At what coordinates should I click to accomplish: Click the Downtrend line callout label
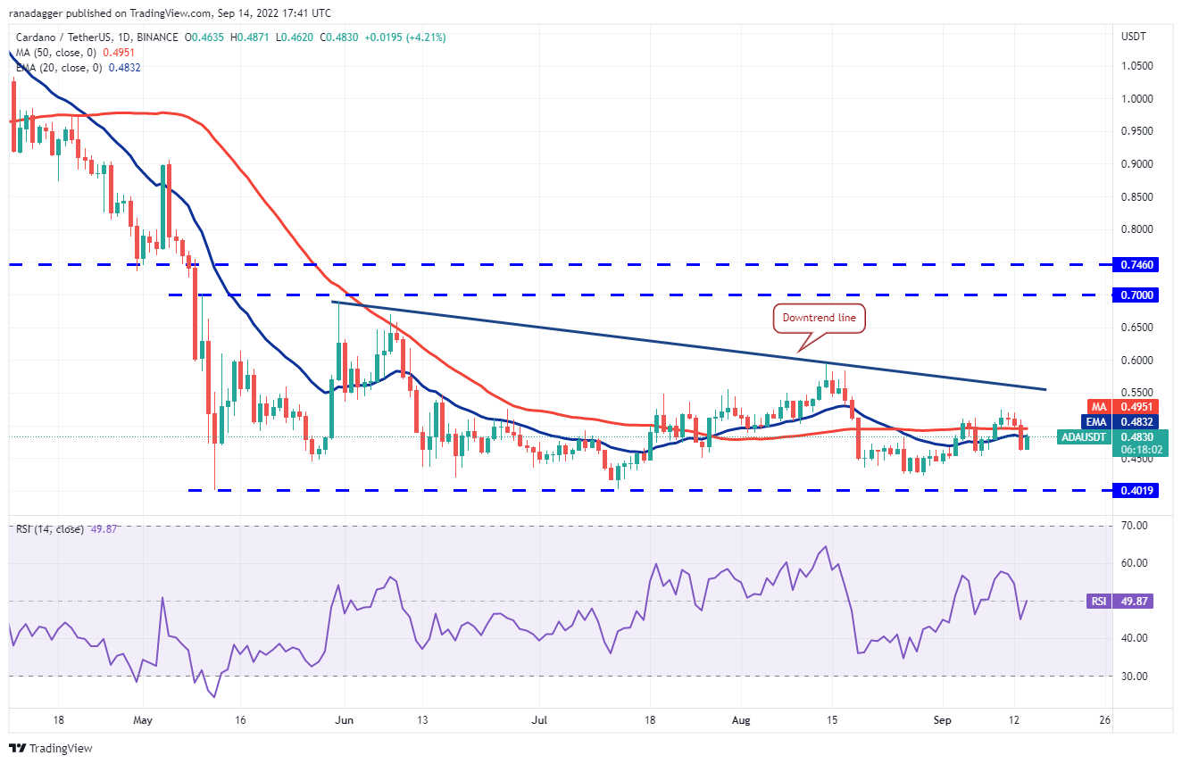pyautogui.click(x=818, y=318)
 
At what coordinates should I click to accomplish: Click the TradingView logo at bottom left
pyautogui.click(x=51, y=748)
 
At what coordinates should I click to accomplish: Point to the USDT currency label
pyautogui.click(x=1133, y=37)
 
